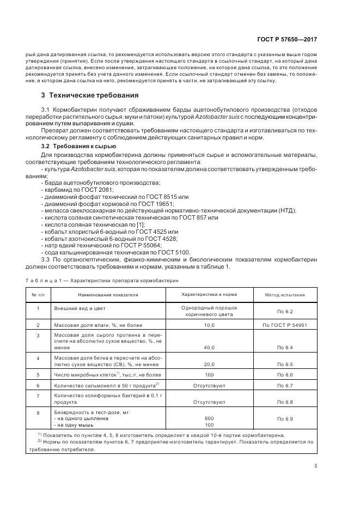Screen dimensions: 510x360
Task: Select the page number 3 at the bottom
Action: click(316, 465)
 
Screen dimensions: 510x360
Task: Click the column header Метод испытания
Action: click(285, 295)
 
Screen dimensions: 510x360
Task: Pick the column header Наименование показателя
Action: click(108, 295)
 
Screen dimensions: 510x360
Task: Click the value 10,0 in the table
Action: click(209, 325)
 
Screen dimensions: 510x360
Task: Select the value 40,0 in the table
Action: click(209, 347)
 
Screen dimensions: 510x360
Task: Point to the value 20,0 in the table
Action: click(209, 363)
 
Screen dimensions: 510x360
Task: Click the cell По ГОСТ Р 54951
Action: click(285, 325)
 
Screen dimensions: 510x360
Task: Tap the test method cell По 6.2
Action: click(285, 311)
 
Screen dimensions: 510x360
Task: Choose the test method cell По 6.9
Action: click(285, 418)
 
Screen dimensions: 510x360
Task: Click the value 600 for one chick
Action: click(209, 418)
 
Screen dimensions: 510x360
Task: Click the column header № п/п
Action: click(38, 295)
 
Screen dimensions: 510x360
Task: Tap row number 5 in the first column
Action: click(38, 375)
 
